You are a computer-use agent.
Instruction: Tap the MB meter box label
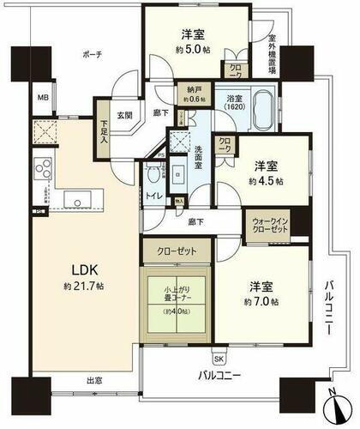42,97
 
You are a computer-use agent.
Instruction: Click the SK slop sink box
219,358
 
